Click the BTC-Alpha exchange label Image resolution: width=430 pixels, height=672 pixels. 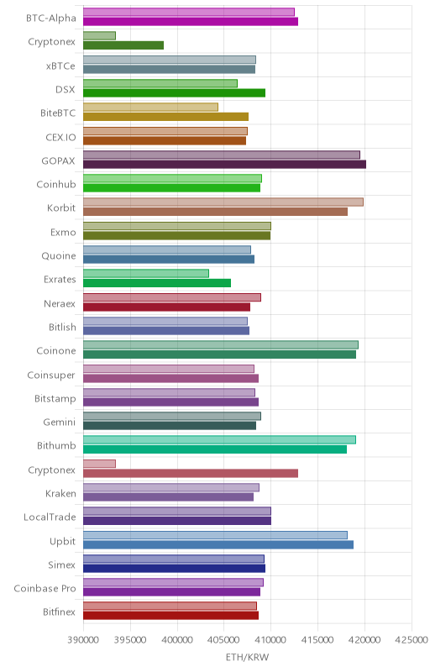click(51, 18)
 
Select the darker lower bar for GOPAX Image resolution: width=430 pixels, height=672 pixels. click(224, 164)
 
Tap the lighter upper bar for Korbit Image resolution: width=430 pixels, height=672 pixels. click(223, 202)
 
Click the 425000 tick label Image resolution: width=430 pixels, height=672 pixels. click(412, 640)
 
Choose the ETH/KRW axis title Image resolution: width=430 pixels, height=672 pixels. click(247, 657)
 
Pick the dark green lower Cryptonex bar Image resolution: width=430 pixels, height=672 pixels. click(123, 45)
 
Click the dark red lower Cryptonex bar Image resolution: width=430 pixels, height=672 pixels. click(191, 473)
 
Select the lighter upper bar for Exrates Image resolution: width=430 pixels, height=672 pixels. click(146, 274)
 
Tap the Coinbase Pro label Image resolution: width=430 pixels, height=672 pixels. click(45, 589)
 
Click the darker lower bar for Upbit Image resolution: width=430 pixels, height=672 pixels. click(218, 544)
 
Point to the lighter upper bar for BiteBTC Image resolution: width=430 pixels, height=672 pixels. click(151, 108)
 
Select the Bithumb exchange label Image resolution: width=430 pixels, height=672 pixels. click(56, 446)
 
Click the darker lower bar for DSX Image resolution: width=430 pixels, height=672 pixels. click(175, 93)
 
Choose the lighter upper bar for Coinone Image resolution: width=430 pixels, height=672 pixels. click(221, 344)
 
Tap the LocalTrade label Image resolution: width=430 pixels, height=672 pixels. click(50, 517)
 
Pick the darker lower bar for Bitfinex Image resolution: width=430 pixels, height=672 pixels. click(170, 616)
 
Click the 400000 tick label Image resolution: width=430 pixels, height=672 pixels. click(177, 640)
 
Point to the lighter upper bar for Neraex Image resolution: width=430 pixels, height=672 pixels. click(172, 297)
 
